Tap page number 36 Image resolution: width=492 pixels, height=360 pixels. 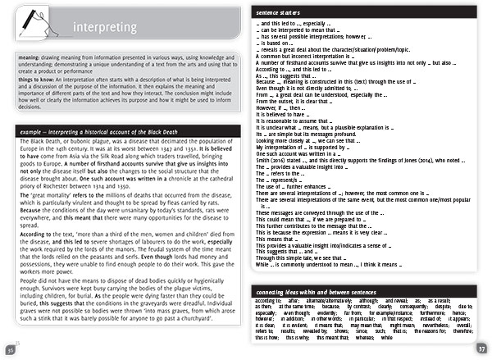pos(10,350)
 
